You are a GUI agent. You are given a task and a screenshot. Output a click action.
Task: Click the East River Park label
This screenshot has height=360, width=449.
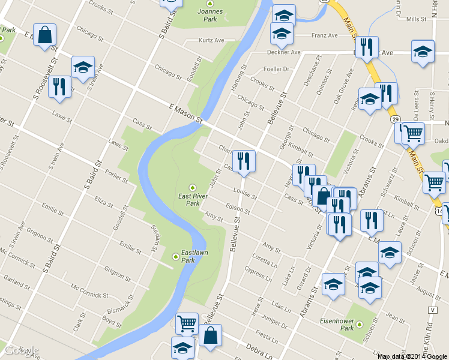tap(193, 199)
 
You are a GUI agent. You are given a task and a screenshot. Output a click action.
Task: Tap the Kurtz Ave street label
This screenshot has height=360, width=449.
tap(211, 41)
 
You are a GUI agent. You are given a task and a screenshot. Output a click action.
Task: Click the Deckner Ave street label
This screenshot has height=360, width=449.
tap(283, 52)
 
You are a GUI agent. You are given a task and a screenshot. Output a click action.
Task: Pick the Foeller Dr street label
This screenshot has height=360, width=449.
tap(277, 70)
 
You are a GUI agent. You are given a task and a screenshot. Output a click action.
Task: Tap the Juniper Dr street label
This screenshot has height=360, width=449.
tap(276, 322)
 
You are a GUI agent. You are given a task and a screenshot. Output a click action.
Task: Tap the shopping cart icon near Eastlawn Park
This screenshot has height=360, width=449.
tap(187, 323)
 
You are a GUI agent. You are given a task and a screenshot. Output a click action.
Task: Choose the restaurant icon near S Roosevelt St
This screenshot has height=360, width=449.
tap(59, 86)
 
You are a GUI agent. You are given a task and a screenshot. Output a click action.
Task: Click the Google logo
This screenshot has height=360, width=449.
tap(21, 350)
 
